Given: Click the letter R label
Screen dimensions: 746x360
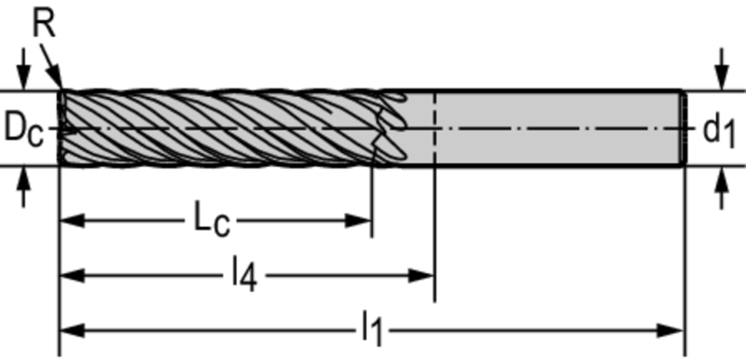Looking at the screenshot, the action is click(44, 23).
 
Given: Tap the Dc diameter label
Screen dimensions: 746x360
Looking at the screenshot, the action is click(24, 129).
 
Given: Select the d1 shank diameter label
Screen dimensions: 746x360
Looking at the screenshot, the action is click(719, 130).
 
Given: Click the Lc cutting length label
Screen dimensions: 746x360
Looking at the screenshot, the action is click(213, 219).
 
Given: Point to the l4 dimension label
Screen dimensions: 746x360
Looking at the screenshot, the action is click(244, 276).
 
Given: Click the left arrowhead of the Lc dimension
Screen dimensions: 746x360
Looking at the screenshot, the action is click(72, 221).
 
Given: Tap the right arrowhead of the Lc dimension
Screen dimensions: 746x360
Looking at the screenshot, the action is click(358, 221).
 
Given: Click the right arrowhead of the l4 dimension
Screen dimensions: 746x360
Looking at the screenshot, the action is click(421, 275).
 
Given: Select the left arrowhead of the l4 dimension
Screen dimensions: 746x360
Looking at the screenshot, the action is click(72, 275).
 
